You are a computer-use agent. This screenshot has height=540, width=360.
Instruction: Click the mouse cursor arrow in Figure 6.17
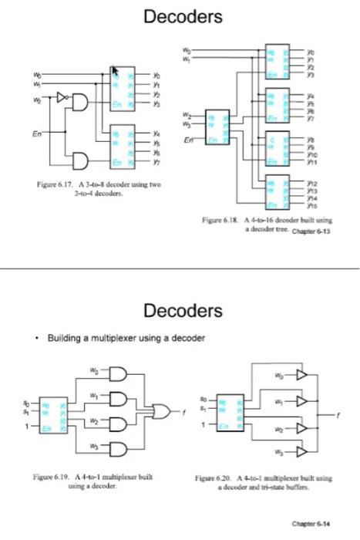pos(116,72)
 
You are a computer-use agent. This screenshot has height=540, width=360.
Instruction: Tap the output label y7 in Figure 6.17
pos(156,164)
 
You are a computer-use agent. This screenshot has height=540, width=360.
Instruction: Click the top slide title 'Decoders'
pos(180,16)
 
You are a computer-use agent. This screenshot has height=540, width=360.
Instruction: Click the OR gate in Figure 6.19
pos(162,411)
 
